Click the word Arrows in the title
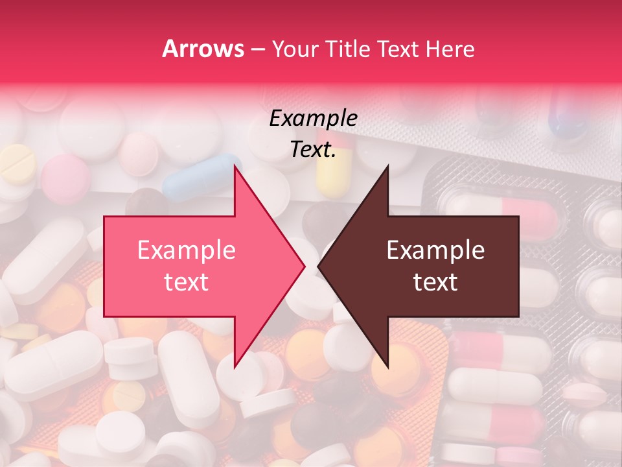pyautogui.click(x=203, y=49)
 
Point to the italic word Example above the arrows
pyautogui.click(x=313, y=118)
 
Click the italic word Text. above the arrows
pyautogui.click(x=313, y=149)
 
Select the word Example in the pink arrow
pyautogui.click(x=186, y=250)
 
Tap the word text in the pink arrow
pyautogui.click(x=186, y=281)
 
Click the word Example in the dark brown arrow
pyautogui.click(x=435, y=250)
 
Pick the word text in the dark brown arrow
pyautogui.click(x=435, y=281)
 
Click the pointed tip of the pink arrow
pyautogui.click(x=303, y=266)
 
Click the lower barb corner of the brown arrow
pyautogui.click(x=387, y=366)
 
